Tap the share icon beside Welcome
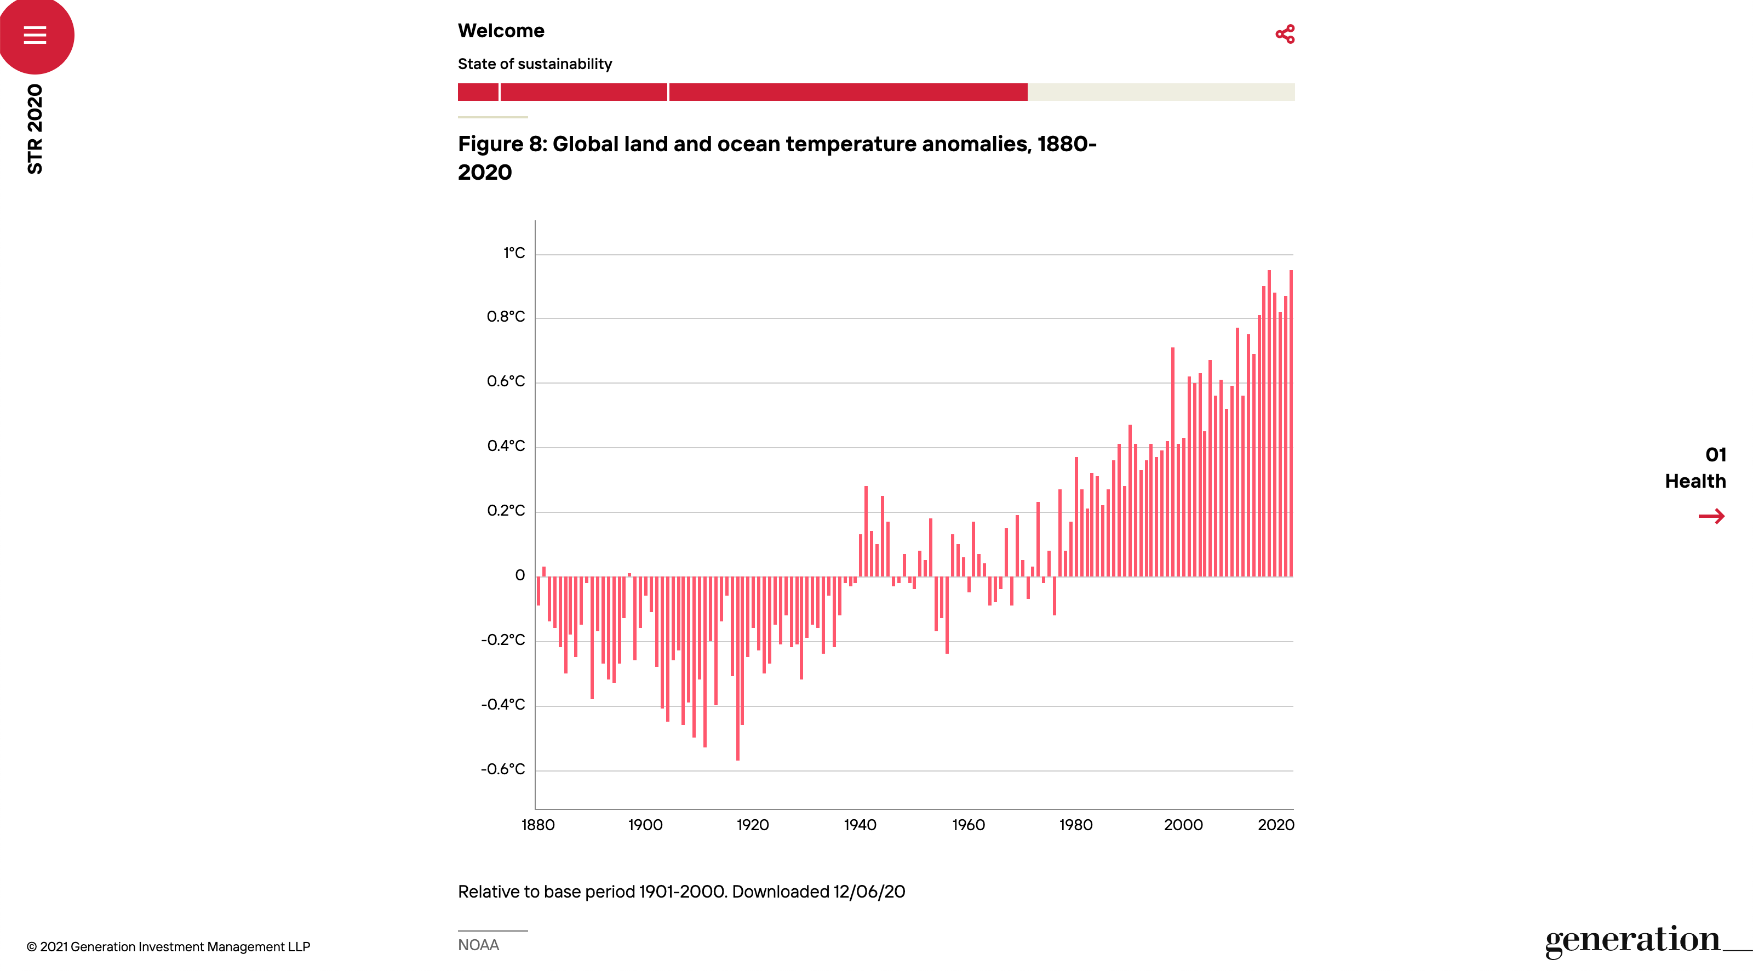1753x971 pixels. point(1285,34)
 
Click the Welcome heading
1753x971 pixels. point(501,31)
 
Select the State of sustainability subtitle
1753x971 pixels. point(535,64)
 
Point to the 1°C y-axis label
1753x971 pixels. point(514,253)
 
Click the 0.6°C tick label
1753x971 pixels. point(506,381)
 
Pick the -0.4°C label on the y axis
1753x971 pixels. point(503,705)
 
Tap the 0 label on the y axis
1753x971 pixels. point(520,575)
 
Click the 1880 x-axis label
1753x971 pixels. point(537,825)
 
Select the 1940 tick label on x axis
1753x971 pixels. point(860,825)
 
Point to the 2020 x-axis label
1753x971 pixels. point(1276,825)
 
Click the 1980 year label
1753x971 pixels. point(1076,825)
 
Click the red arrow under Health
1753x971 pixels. point(1711,516)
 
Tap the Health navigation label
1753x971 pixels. point(1695,482)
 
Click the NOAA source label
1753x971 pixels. point(478,945)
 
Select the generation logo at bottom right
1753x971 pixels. point(1633,940)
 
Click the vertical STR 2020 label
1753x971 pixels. point(35,129)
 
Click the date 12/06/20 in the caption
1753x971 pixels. point(869,892)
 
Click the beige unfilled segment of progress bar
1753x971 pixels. point(1161,92)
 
